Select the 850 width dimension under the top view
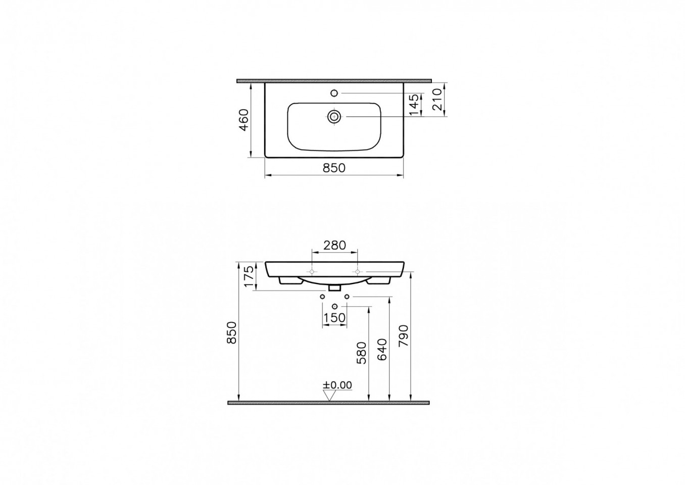coord(334,168)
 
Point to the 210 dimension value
coord(437,100)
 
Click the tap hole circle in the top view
coord(334,92)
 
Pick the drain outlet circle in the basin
coord(334,117)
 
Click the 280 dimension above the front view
coord(334,245)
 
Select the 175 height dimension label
coord(249,276)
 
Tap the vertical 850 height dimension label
coord(232,333)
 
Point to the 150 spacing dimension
coord(334,318)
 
